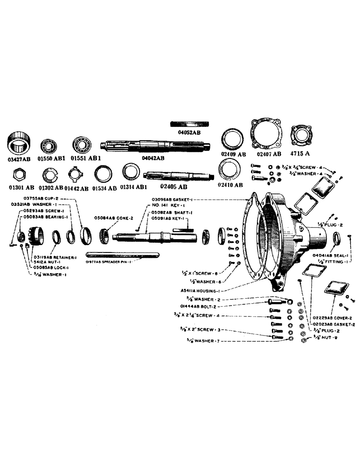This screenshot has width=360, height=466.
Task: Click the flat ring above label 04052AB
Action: point(189,123)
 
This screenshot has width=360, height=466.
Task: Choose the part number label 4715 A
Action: point(301,153)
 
